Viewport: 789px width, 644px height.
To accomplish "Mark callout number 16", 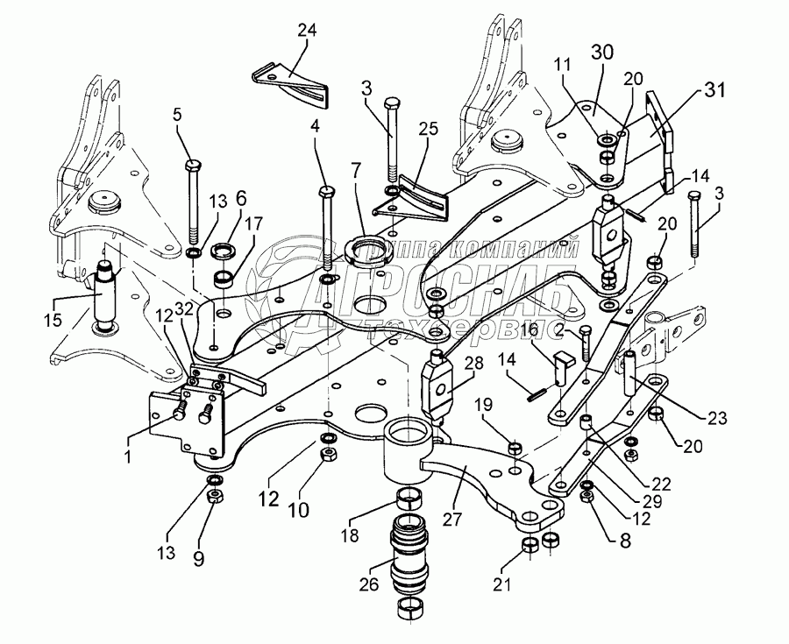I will coord(530,329).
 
